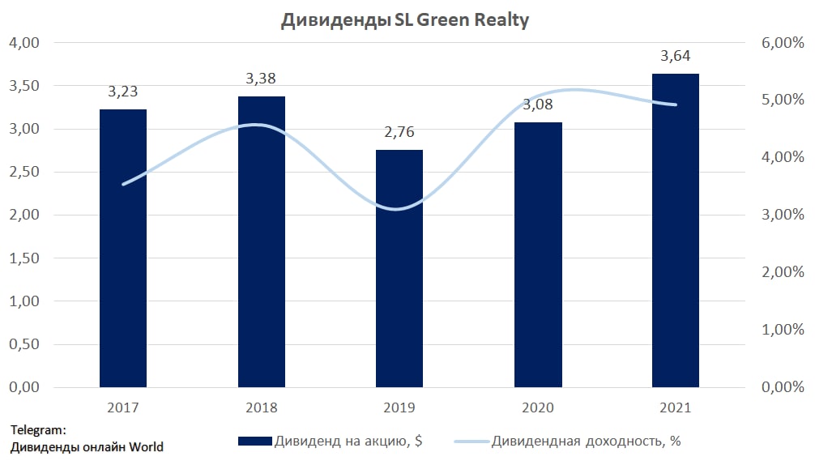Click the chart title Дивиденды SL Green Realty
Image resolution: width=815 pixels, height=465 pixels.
point(404,20)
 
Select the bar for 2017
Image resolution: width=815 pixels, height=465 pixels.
point(123,248)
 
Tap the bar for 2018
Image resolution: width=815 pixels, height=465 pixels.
point(261,241)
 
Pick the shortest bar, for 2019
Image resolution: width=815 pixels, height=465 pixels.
point(399,268)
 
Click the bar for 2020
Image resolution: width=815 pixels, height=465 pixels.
point(537,254)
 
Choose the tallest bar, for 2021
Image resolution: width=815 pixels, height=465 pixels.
point(676,230)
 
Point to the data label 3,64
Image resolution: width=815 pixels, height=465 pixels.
point(676,56)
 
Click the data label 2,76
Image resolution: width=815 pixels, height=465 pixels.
point(399,132)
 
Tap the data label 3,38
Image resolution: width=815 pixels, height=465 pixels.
point(261,79)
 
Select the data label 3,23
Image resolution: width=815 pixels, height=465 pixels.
point(123,92)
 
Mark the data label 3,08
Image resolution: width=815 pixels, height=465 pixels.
point(537,105)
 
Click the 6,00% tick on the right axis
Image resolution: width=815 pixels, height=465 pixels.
point(783,43)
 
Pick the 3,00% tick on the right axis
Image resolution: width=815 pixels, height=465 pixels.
point(783,215)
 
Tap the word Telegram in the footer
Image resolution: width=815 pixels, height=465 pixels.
point(37,430)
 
